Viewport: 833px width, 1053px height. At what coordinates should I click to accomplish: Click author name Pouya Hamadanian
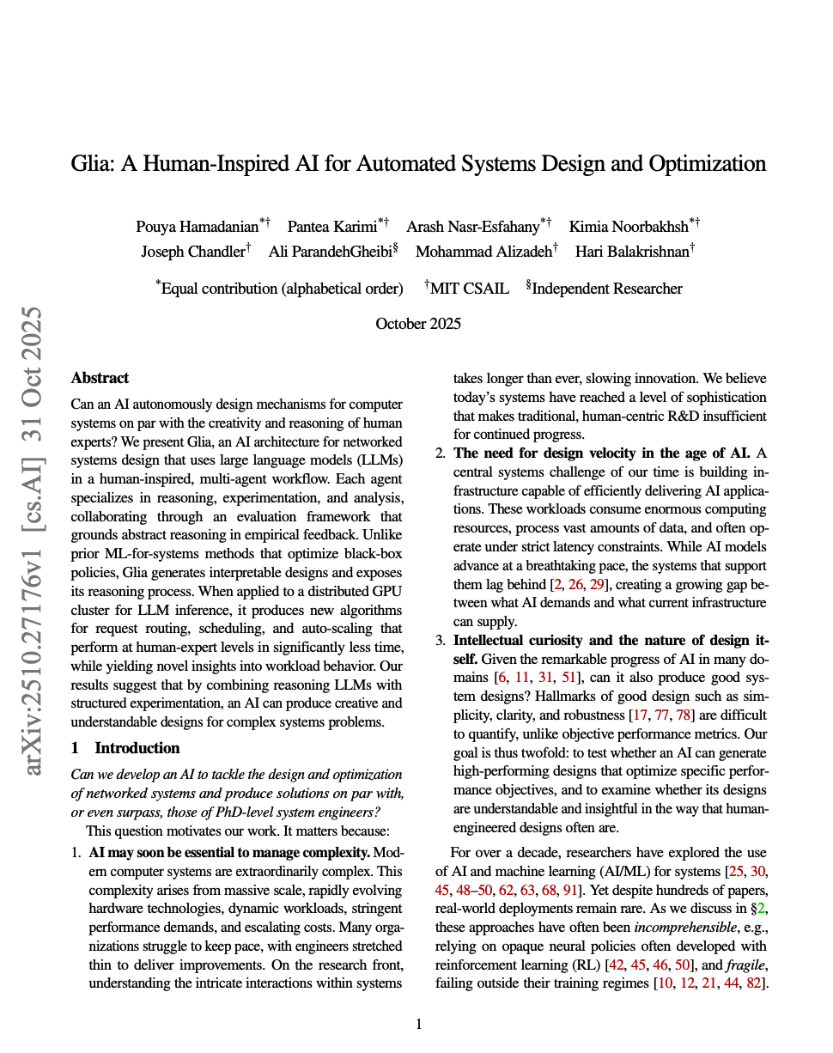[x=198, y=227]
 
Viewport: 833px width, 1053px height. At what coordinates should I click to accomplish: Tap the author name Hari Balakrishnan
[x=631, y=252]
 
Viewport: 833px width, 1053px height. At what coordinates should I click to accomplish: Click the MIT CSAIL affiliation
[x=469, y=289]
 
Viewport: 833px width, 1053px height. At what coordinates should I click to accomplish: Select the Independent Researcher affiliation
[x=607, y=289]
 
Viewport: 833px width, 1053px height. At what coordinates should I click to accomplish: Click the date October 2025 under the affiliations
[x=418, y=324]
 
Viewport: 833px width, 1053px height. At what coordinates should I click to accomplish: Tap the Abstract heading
[x=100, y=378]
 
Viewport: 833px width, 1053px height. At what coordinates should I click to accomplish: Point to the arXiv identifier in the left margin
[x=33, y=541]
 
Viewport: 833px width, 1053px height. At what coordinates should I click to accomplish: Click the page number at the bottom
[x=418, y=1024]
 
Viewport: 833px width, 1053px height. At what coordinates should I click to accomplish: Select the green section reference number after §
[x=760, y=909]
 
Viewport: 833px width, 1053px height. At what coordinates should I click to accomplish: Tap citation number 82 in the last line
[x=755, y=983]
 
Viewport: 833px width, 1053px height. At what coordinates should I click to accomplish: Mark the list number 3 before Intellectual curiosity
[x=440, y=640]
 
